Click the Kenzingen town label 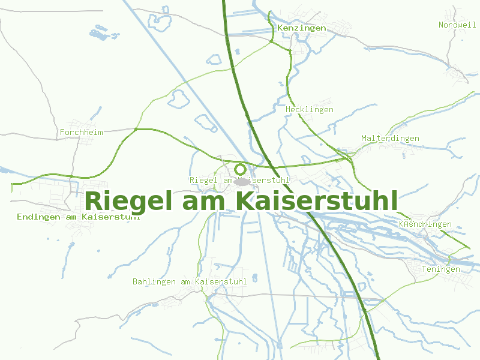(x=302, y=28)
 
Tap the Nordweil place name (x=457, y=25)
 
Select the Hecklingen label (x=310, y=110)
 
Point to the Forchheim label (x=82, y=132)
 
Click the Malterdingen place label (x=390, y=139)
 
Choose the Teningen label (x=440, y=269)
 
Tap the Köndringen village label (x=425, y=224)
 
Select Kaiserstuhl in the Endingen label (x=112, y=217)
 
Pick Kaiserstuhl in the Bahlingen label (x=222, y=281)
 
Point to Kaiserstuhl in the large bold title (x=316, y=201)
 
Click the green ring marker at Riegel (x=240, y=169)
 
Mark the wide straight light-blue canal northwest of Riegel (x=180, y=72)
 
